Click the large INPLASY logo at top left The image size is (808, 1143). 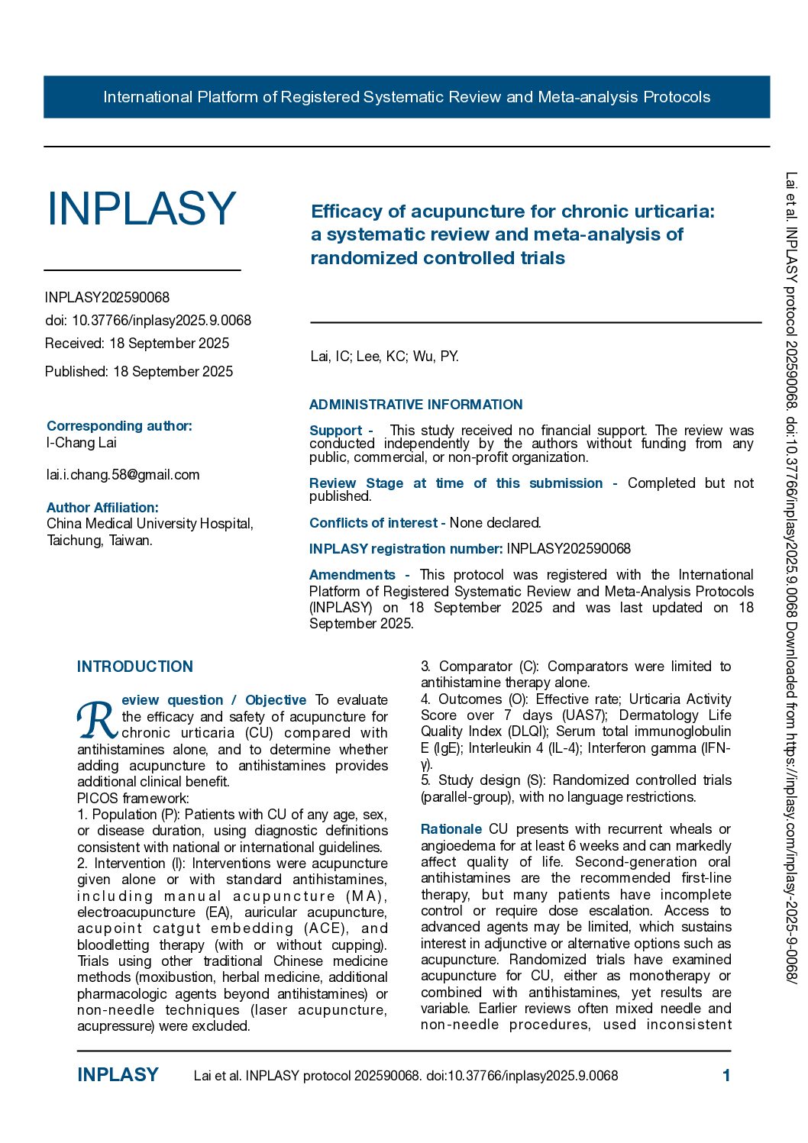pyautogui.click(x=141, y=208)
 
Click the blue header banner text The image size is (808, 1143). pyautogui.click(x=406, y=97)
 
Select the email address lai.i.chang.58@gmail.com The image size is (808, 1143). pyautogui.click(x=123, y=475)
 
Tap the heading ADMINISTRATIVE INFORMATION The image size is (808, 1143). pyautogui.click(x=416, y=405)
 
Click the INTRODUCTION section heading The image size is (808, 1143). pyautogui.click(x=135, y=667)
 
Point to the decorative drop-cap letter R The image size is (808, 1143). pyautogui.click(x=97, y=719)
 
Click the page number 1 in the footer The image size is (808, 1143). pyautogui.click(x=726, y=1075)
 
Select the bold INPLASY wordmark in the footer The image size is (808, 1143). pyautogui.click(x=118, y=1075)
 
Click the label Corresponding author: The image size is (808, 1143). pyautogui.click(x=119, y=426)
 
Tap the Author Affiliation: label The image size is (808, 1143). pyautogui.click(x=102, y=508)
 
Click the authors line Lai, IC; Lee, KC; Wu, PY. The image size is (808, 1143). pyautogui.click(x=384, y=357)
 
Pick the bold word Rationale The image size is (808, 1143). pyautogui.click(x=451, y=829)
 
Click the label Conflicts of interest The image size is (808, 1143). pyautogui.click(x=373, y=523)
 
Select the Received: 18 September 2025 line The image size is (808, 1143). pyautogui.click(x=137, y=344)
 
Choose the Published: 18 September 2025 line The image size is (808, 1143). pyautogui.click(x=139, y=372)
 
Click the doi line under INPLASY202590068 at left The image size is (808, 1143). pyautogui.click(x=147, y=321)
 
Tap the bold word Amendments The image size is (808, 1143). pyautogui.click(x=352, y=575)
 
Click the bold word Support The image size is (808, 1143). pyautogui.click(x=336, y=431)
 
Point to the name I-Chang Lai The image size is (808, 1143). pyautogui.click(x=82, y=443)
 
